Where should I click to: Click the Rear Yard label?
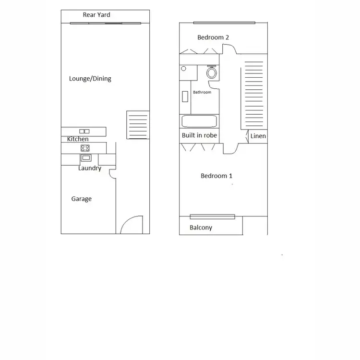pos(96,15)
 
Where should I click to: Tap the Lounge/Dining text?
pos(90,79)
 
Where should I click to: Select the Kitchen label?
pos(78,139)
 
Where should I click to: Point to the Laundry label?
pos(90,168)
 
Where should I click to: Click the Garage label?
pos(82,199)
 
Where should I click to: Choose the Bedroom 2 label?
pos(213,37)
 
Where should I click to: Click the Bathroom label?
pos(202,92)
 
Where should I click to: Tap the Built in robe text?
pos(199,135)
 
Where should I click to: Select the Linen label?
pos(258,136)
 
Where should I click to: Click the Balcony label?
pos(201,228)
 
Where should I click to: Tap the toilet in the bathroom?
pos(212,73)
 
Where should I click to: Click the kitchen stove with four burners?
pos(85,148)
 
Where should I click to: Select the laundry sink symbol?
pos(86,157)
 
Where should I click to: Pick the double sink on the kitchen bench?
pos(84,131)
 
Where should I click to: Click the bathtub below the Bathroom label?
pos(199,121)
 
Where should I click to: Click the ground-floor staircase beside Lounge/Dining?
pos(138,125)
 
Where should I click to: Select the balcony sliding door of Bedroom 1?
pos(212,216)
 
